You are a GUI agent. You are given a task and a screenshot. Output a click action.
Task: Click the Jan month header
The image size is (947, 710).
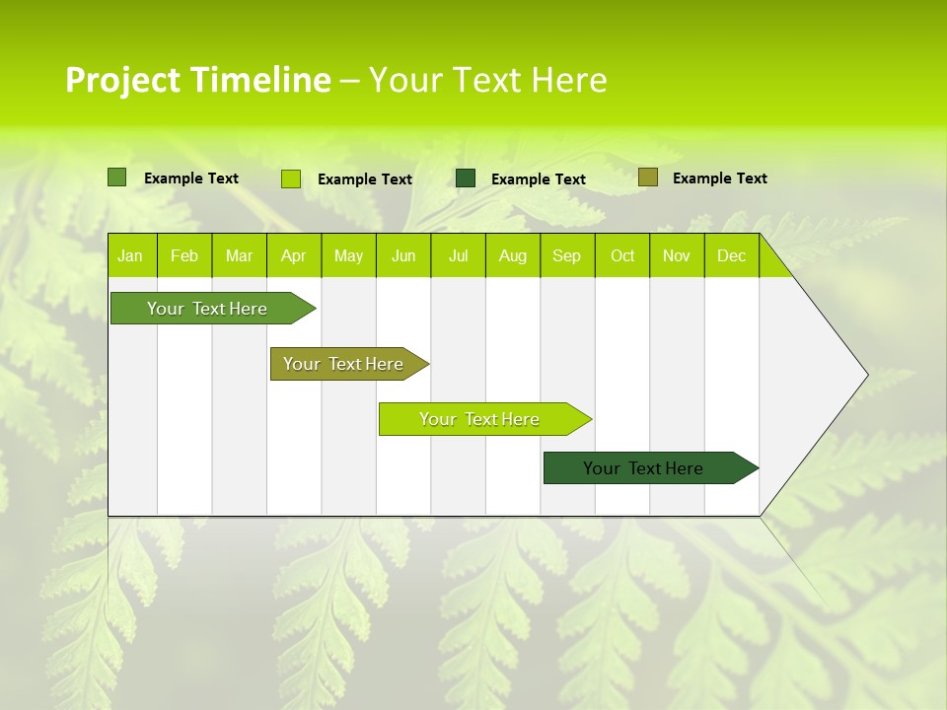130,256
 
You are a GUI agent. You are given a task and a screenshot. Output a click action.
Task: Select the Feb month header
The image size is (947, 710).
184,256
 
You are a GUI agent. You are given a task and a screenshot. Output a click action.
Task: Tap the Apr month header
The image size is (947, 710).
293,256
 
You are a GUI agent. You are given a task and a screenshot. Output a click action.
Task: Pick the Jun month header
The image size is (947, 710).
403,256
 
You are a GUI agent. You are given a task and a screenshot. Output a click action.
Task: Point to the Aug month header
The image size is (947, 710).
513,256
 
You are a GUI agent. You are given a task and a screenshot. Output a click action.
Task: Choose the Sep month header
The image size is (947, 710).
567,256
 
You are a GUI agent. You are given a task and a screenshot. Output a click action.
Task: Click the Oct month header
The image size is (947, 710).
622,256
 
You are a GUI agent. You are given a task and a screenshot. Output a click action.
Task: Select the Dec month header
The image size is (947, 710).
732,256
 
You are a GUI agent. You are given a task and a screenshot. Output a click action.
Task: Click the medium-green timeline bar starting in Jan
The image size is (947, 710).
208,309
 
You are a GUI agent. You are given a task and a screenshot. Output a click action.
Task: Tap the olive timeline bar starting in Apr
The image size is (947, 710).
344,364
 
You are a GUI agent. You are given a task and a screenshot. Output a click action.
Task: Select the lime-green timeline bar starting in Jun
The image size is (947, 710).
480,419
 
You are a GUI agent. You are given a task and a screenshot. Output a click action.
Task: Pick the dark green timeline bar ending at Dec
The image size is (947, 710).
644,468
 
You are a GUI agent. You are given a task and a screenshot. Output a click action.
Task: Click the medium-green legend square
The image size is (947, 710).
116,177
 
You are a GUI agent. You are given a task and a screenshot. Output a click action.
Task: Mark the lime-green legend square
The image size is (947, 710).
291,178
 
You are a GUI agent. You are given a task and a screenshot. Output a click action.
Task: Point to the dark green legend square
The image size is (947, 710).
466,177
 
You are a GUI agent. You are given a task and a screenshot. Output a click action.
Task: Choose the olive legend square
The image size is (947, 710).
647,177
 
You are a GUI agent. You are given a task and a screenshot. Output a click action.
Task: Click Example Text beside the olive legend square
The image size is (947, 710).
719,178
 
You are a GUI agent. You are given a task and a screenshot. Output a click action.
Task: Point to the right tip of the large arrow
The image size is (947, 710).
866,375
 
